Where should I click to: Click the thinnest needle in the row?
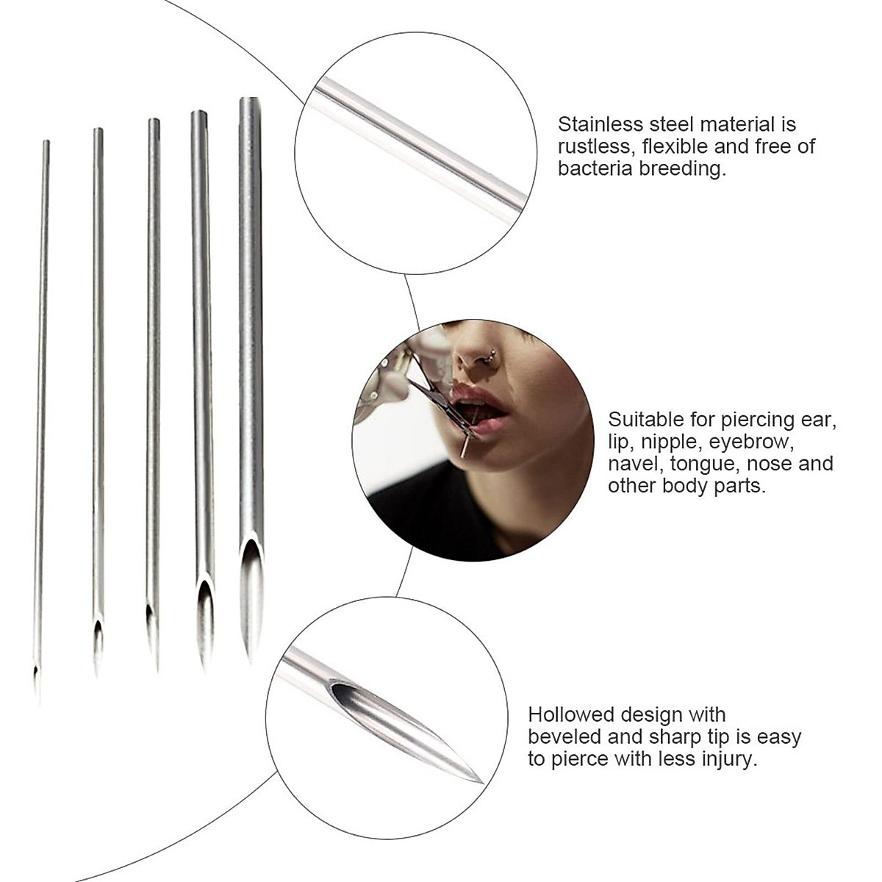pos(41,412)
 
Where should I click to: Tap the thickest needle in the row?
pos(251,331)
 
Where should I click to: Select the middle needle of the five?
pos(152,367)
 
